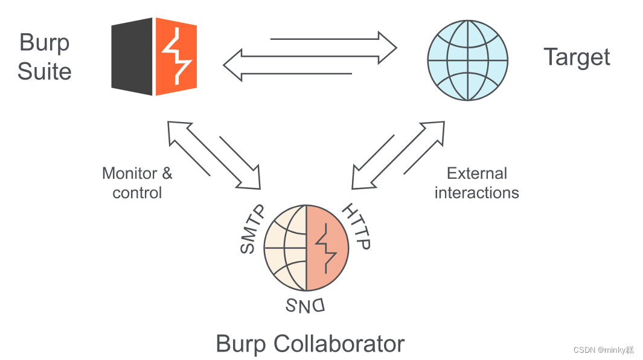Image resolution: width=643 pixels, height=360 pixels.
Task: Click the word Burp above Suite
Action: (44, 43)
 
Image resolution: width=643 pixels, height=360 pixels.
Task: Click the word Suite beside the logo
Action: (44, 71)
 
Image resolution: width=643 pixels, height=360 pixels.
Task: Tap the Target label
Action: (577, 57)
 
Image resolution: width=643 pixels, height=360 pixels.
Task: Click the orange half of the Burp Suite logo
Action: (176, 56)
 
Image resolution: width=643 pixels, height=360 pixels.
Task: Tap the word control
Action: (137, 193)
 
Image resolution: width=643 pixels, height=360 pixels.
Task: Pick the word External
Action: (476, 174)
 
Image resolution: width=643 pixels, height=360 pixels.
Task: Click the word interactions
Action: (476, 193)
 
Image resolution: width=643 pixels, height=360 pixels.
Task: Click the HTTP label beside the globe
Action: (356, 227)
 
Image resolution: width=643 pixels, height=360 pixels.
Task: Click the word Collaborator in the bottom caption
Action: (339, 344)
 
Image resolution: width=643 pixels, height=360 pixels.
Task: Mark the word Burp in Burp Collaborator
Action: (241, 344)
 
